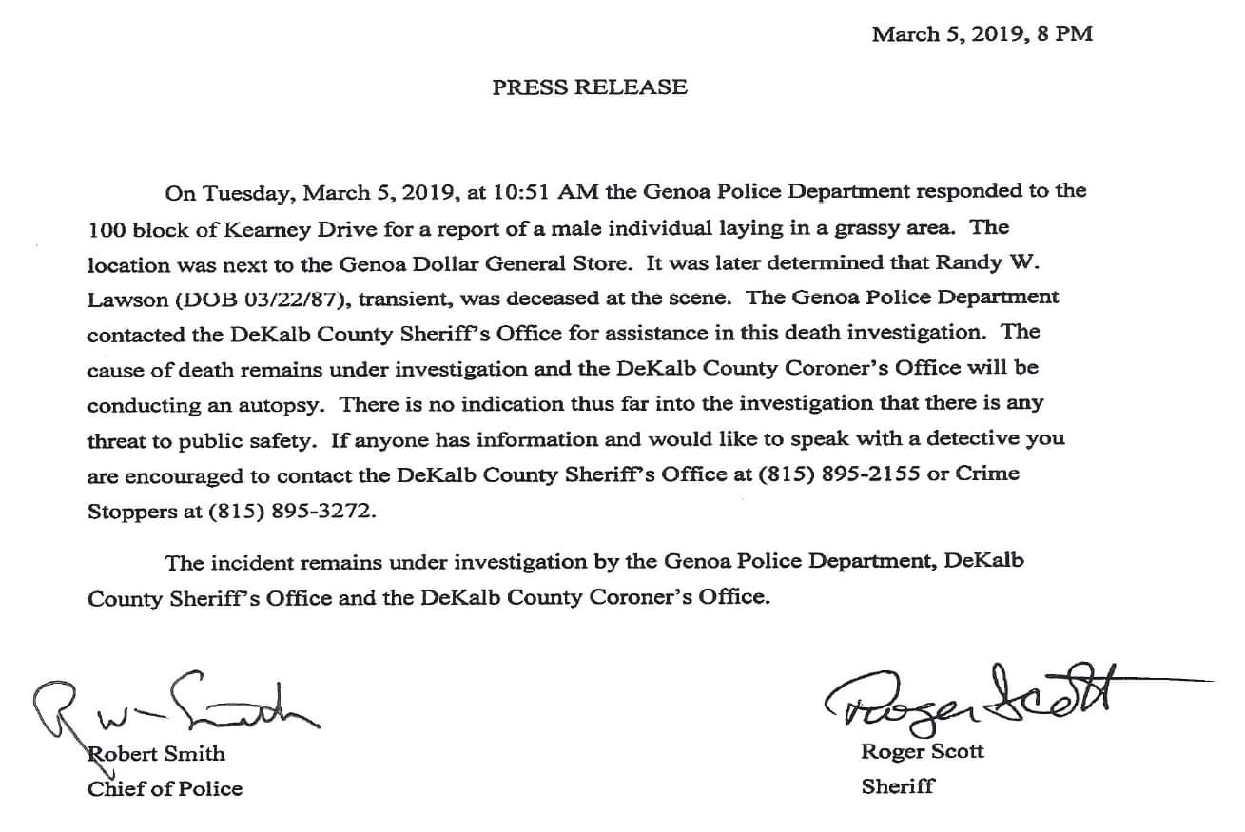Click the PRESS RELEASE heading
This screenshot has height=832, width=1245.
click(590, 87)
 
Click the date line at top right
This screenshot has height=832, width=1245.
click(982, 34)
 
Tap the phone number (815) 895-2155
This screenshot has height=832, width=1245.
click(840, 474)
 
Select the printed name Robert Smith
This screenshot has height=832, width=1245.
click(157, 754)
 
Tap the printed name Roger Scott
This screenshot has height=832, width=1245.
click(923, 752)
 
